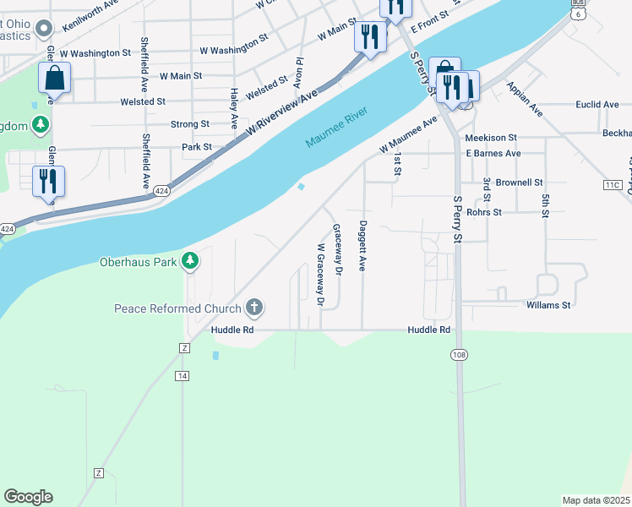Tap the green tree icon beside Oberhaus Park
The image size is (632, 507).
(192, 261)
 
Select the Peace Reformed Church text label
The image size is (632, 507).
(177, 308)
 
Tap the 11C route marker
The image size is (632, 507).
(613, 184)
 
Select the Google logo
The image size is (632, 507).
(28, 496)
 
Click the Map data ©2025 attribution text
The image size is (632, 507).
(596, 500)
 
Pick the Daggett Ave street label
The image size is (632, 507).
(362, 246)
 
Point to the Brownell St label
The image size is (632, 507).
(519, 182)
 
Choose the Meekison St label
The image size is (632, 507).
(490, 138)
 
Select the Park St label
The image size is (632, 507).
(196, 147)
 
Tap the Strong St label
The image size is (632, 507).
(190, 124)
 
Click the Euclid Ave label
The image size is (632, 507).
(597, 105)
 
